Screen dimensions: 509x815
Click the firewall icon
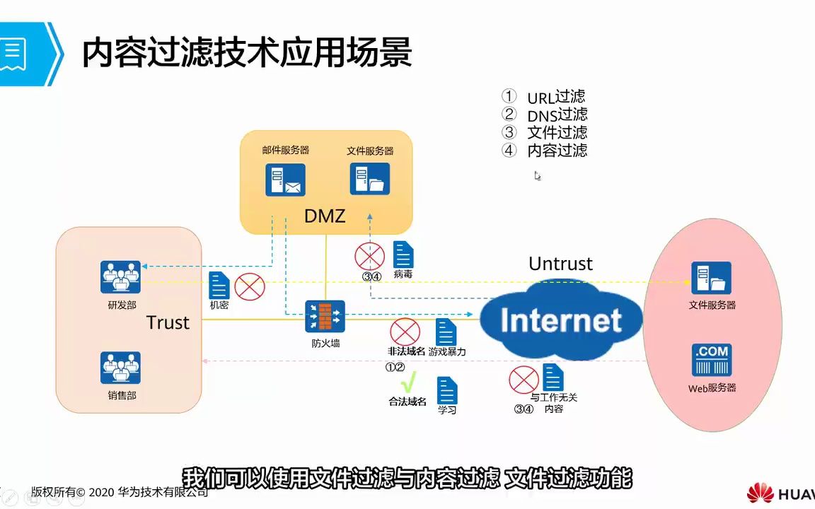pos(325,316)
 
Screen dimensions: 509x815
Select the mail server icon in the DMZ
pos(285,180)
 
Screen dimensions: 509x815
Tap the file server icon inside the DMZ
pos(369,179)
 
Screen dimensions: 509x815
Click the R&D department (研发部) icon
pos(120,277)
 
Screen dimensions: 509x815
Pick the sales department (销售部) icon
pos(120,368)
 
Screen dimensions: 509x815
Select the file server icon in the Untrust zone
pos(711,278)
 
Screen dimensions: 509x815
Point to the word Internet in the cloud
pos(561,320)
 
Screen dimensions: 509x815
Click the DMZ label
pos(325,216)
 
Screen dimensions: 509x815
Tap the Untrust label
pos(560,264)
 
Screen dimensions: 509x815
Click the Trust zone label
pos(168,322)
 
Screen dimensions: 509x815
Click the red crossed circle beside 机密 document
pos(249,286)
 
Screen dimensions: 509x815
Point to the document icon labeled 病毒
pos(403,255)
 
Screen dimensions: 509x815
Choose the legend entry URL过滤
pos(556,98)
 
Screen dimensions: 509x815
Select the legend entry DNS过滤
pos(557,115)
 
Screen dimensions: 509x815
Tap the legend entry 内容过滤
pos(557,150)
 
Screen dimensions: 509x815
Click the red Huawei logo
pos(760,493)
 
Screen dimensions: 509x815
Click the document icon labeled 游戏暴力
pos(446,332)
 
